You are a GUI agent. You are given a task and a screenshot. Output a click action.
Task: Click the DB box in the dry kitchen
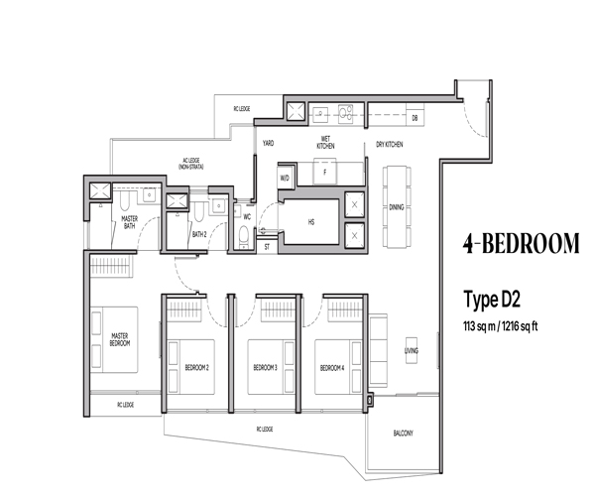point(415,118)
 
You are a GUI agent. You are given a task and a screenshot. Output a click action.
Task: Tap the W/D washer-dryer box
point(285,178)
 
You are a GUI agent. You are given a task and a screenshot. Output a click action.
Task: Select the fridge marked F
point(325,173)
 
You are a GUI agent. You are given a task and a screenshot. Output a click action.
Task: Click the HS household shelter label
point(311,222)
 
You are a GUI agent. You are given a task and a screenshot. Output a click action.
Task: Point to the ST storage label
point(267,247)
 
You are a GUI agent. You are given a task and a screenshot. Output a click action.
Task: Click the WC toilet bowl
point(244,235)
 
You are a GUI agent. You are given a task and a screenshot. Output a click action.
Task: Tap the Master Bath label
point(129,222)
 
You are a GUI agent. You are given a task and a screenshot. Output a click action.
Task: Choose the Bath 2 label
point(199,234)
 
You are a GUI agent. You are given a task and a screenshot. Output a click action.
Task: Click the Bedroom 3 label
point(265,367)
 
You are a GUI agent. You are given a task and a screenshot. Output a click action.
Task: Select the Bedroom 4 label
point(332,368)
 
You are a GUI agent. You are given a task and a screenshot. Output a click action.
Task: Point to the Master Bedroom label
point(120,339)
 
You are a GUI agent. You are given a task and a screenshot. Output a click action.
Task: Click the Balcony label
point(403,433)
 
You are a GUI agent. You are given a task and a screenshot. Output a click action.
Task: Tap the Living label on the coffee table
point(412,350)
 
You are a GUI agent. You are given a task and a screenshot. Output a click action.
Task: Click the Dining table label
point(396,207)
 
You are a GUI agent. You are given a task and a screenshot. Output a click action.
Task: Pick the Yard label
point(269,143)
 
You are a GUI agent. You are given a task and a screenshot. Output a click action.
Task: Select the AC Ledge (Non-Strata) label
point(191,164)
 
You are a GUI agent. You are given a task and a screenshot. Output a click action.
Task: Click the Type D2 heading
point(492,301)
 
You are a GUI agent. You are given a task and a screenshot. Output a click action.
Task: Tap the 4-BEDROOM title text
point(522,244)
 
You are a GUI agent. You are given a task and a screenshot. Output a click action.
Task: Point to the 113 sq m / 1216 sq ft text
point(500,326)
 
